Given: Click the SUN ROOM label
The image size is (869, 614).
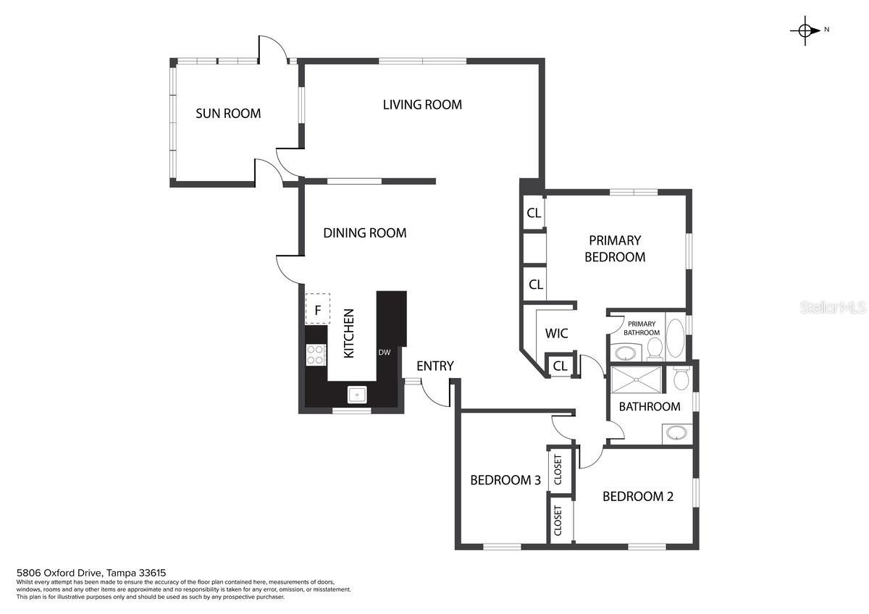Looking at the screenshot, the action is coord(228,113).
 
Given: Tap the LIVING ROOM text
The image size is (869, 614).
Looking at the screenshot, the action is coord(422,104).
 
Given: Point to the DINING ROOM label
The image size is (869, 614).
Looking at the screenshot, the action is coord(365,232).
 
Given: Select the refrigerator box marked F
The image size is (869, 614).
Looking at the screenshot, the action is coord(318,308).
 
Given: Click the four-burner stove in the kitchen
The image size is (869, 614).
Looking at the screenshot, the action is coord(316,355).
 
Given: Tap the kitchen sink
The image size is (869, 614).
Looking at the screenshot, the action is coord(357,395).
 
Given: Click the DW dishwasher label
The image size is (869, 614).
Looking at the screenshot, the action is coord(384,352).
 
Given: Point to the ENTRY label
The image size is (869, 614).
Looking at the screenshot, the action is coord(435,366).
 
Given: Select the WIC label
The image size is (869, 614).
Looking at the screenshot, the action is coord(556,333).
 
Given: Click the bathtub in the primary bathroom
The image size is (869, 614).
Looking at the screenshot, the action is coord(676,338).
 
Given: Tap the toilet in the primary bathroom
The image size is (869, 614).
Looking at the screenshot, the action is coord(655,348).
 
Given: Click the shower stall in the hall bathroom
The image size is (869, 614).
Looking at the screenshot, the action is coord(637,379).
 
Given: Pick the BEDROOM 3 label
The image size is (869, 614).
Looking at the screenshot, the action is coord(505,480).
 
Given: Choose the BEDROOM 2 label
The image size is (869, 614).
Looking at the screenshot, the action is coord(638,497).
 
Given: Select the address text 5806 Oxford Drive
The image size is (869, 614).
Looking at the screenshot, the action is coord(59,573).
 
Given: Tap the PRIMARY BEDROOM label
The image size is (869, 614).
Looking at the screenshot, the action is coord(615,248).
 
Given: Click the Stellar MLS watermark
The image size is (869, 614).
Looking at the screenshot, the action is coord(833,308).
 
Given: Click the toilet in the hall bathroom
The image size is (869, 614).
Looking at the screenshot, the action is coord(681,378).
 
